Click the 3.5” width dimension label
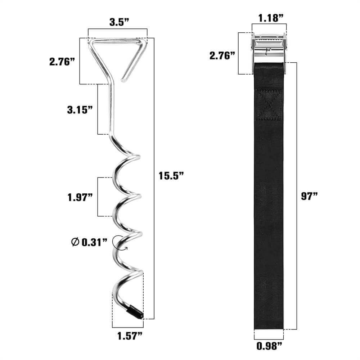click(119, 22)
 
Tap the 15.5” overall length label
click(171, 176)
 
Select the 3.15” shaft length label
click(80, 110)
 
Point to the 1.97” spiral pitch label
click(80, 197)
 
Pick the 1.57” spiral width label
click(130, 336)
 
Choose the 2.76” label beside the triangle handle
click(62, 62)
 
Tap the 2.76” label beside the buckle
click(222, 56)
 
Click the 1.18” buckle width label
click(271, 18)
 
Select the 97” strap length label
click(309, 196)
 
